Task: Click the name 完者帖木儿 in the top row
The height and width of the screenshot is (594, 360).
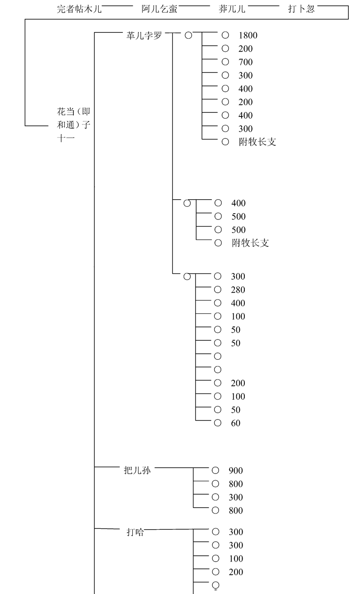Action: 80,9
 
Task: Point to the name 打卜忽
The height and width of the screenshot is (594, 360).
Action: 301,9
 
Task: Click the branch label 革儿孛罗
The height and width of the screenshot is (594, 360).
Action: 144,35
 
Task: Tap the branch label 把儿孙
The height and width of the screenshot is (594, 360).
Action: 137,470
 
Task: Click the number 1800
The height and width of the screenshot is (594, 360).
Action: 248,35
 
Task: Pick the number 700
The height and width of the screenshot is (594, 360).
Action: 246,62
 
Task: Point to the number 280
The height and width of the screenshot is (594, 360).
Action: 238,290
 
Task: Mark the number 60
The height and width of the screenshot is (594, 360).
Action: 236,423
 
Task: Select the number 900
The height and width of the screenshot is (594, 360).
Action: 235,471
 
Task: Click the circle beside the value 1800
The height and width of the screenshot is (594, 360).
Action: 225,35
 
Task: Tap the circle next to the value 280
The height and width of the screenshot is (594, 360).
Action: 218,290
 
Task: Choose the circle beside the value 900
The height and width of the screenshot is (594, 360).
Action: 215,470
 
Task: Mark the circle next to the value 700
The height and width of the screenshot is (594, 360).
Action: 225,62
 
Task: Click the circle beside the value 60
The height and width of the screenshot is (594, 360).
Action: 218,423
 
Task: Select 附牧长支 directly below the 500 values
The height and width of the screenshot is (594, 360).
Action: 251,243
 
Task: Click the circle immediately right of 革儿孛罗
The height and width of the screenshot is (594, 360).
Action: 188,35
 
